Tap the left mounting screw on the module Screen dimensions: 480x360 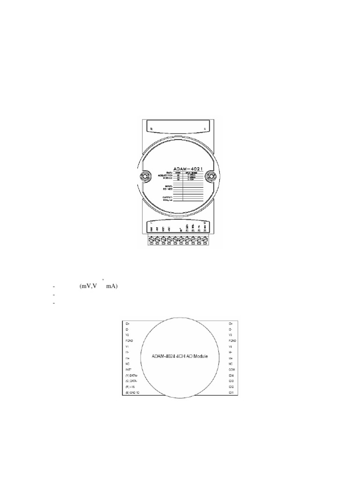coord(144,177)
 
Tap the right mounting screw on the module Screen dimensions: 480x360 coord(210,177)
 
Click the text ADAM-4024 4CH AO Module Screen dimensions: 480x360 coord(180,356)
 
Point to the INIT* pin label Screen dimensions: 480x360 coord(129,370)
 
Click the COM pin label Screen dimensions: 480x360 coord(231,370)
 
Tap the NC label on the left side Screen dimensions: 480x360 coord(127,363)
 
